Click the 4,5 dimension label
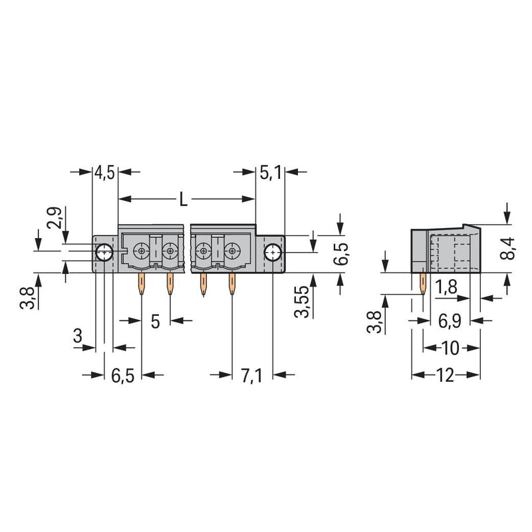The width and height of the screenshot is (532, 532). (105, 172)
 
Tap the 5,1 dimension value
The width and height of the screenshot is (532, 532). (271, 172)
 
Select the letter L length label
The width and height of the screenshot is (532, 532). (184, 199)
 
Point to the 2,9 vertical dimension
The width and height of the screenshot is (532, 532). (55, 217)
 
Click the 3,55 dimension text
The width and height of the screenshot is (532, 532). (302, 301)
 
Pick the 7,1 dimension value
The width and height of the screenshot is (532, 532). (251, 376)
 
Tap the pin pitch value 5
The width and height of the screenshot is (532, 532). (155, 321)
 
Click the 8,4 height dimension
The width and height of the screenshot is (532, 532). (507, 249)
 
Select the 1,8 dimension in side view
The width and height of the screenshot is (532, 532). (446, 287)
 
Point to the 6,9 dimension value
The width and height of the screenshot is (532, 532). (450, 321)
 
